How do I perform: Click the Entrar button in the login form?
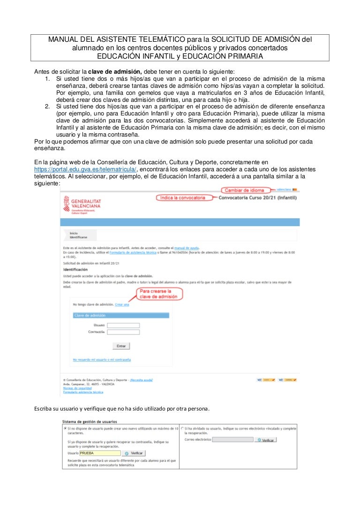[x=121, y=346]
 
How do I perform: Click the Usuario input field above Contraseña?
[x=123, y=325]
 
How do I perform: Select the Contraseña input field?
[x=123, y=332]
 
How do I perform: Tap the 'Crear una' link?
[x=122, y=305]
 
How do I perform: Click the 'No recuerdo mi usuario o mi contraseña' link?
[x=102, y=359]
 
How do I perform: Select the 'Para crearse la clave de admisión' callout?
[x=159, y=294]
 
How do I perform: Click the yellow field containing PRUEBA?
[x=99, y=453]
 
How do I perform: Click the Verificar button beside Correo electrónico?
[x=265, y=440]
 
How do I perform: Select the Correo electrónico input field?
[x=232, y=440]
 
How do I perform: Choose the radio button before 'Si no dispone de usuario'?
[x=65, y=428]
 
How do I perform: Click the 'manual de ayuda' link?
[x=187, y=247]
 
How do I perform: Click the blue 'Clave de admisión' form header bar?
[x=121, y=315]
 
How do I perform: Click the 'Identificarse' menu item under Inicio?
[x=78, y=237]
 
